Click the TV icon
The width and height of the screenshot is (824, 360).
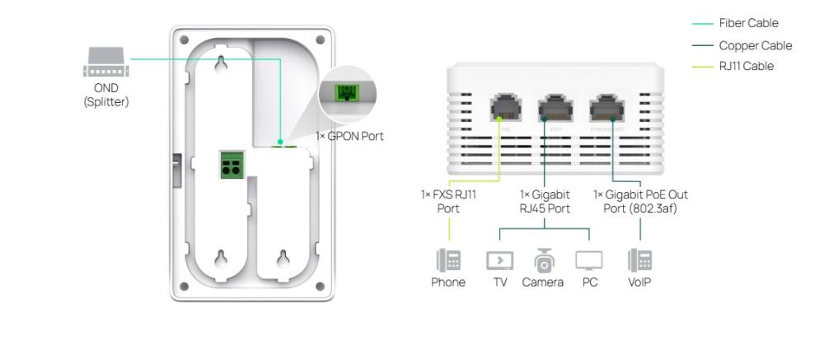499,261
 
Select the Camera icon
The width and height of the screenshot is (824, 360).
543,260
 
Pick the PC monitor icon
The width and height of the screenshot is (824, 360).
588,261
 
